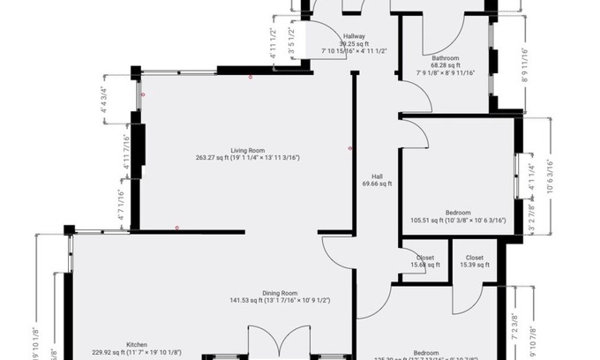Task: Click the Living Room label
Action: (x=248, y=150)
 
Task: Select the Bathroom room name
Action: (x=446, y=57)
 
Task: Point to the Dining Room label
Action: (x=279, y=293)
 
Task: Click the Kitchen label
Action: (x=137, y=344)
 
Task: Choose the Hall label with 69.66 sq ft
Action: (x=377, y=176)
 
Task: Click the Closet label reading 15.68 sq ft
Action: (x=424, y=259)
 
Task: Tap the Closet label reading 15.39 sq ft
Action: (x=468, y=259)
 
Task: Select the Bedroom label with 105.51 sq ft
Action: (x=458, y=213)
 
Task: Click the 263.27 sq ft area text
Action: (x=217, y=158)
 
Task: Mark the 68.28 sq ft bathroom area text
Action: (x=446, y=65)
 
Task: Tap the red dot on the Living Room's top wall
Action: (x=251, y=78)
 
